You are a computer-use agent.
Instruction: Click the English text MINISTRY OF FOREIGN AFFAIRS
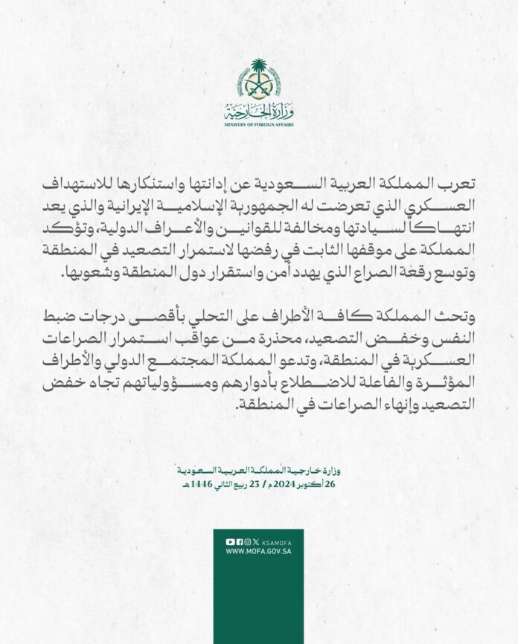point(258,126)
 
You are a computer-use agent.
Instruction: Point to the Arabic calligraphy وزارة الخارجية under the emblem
point(258,112)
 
